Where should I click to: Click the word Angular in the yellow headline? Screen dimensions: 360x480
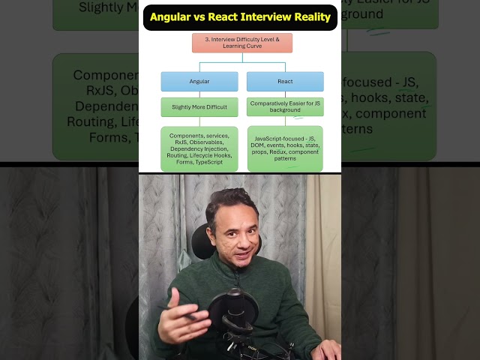click(174, 16)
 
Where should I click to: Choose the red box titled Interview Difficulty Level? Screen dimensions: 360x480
click(241, 42)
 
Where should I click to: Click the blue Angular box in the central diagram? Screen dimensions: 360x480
click(199, 81)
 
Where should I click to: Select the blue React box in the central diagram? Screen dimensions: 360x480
click(285, 81)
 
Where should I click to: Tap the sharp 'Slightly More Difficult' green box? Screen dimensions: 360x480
click(199, 106)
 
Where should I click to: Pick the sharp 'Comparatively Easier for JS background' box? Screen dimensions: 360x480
click(285, 106)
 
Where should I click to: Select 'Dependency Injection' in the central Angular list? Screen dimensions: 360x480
click(199, 148)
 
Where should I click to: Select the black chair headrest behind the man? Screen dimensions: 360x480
click(201, 240)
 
